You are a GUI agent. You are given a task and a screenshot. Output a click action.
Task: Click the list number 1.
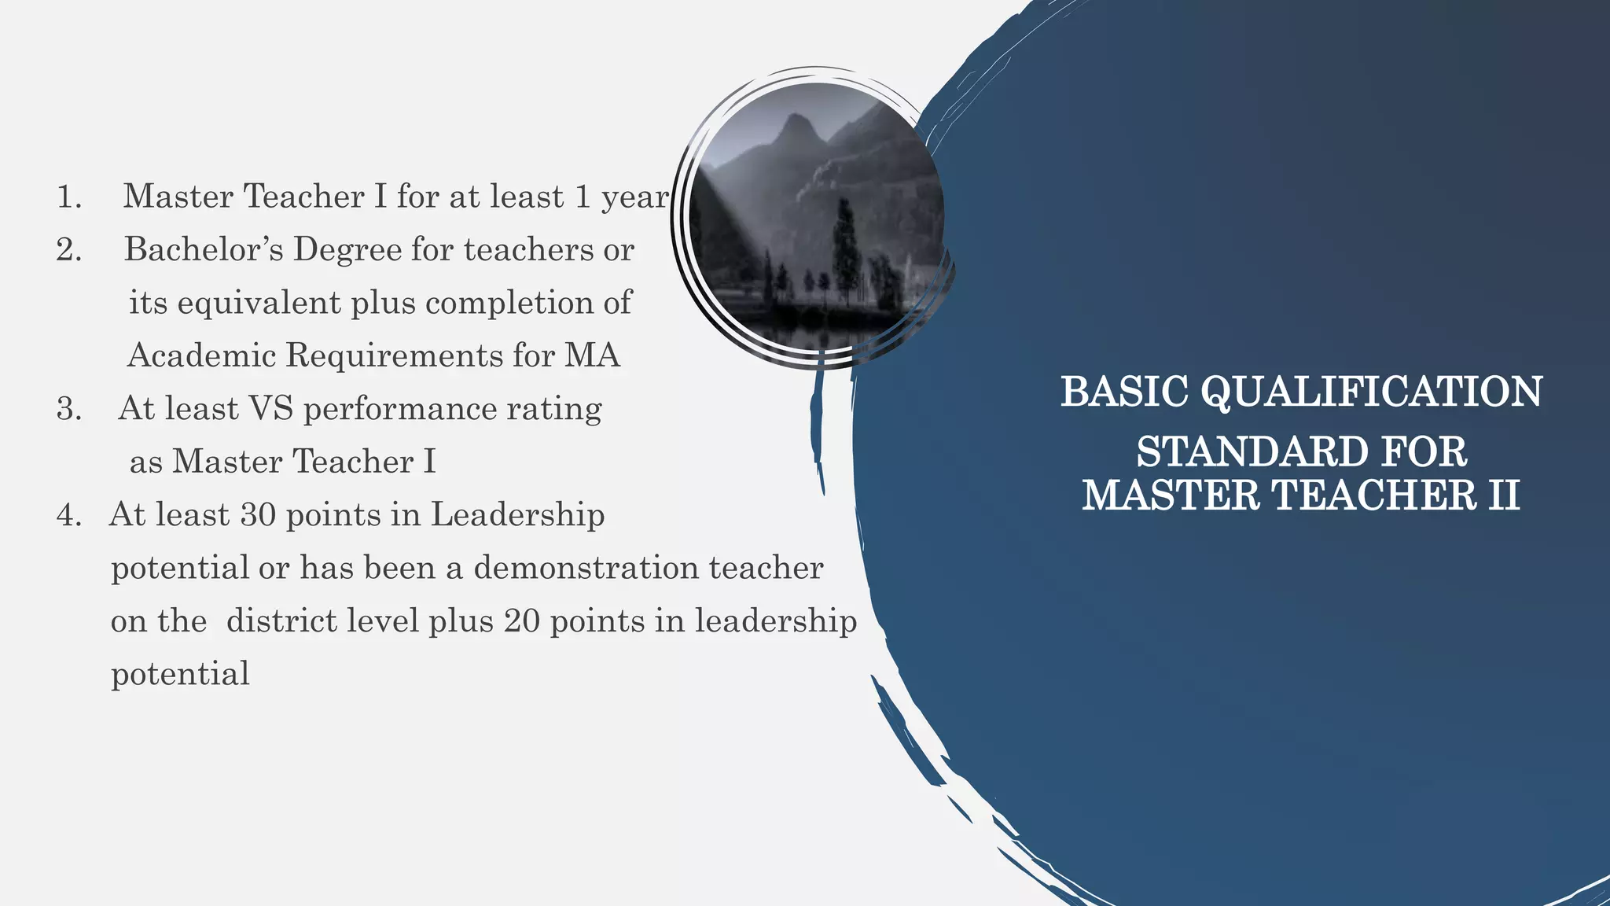[69, 197]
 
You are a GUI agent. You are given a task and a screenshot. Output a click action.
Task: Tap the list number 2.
[69, 250]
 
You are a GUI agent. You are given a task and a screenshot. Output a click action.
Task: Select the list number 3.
[69, 409]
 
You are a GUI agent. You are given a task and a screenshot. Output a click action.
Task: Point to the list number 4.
[69, 515]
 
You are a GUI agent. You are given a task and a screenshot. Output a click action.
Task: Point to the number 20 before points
[521, 621]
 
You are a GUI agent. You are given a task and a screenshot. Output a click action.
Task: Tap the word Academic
[201, 355]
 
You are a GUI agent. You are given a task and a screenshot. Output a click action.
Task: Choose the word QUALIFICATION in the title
[1372, 392]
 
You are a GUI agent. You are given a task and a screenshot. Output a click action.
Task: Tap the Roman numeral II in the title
[1502, 495]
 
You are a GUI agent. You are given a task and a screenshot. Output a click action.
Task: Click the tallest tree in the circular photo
[845, 244]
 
